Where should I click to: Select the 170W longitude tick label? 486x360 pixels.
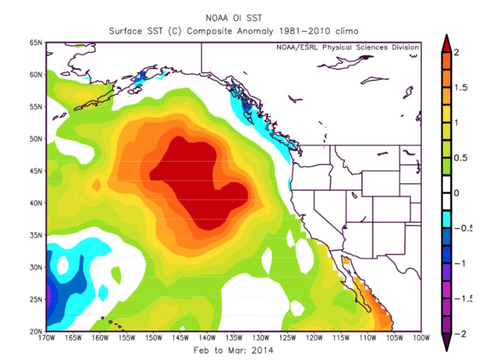pos(47,338)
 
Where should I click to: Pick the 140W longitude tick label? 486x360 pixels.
pos(207,338)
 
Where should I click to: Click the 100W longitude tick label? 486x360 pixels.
pos(420,338)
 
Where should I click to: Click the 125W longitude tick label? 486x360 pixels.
pos(287,338)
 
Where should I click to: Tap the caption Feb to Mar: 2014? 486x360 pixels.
pos(234,351)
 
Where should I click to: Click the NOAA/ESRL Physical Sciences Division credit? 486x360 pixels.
pos(347,47)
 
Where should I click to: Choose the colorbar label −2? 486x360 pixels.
pos(460,333)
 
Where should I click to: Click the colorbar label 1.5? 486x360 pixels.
pos(462,88)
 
